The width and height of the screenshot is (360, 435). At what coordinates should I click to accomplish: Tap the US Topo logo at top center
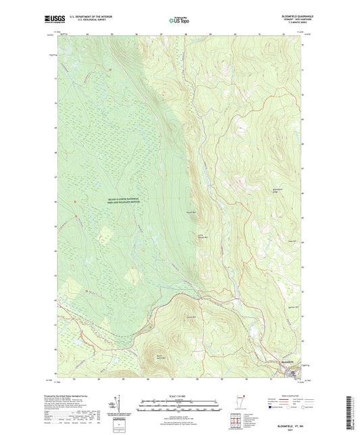pos(180,21)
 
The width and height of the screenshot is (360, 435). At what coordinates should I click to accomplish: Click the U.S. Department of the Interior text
pos(83,17)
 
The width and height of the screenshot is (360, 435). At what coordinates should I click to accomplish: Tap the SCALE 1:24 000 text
pos(180,396)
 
